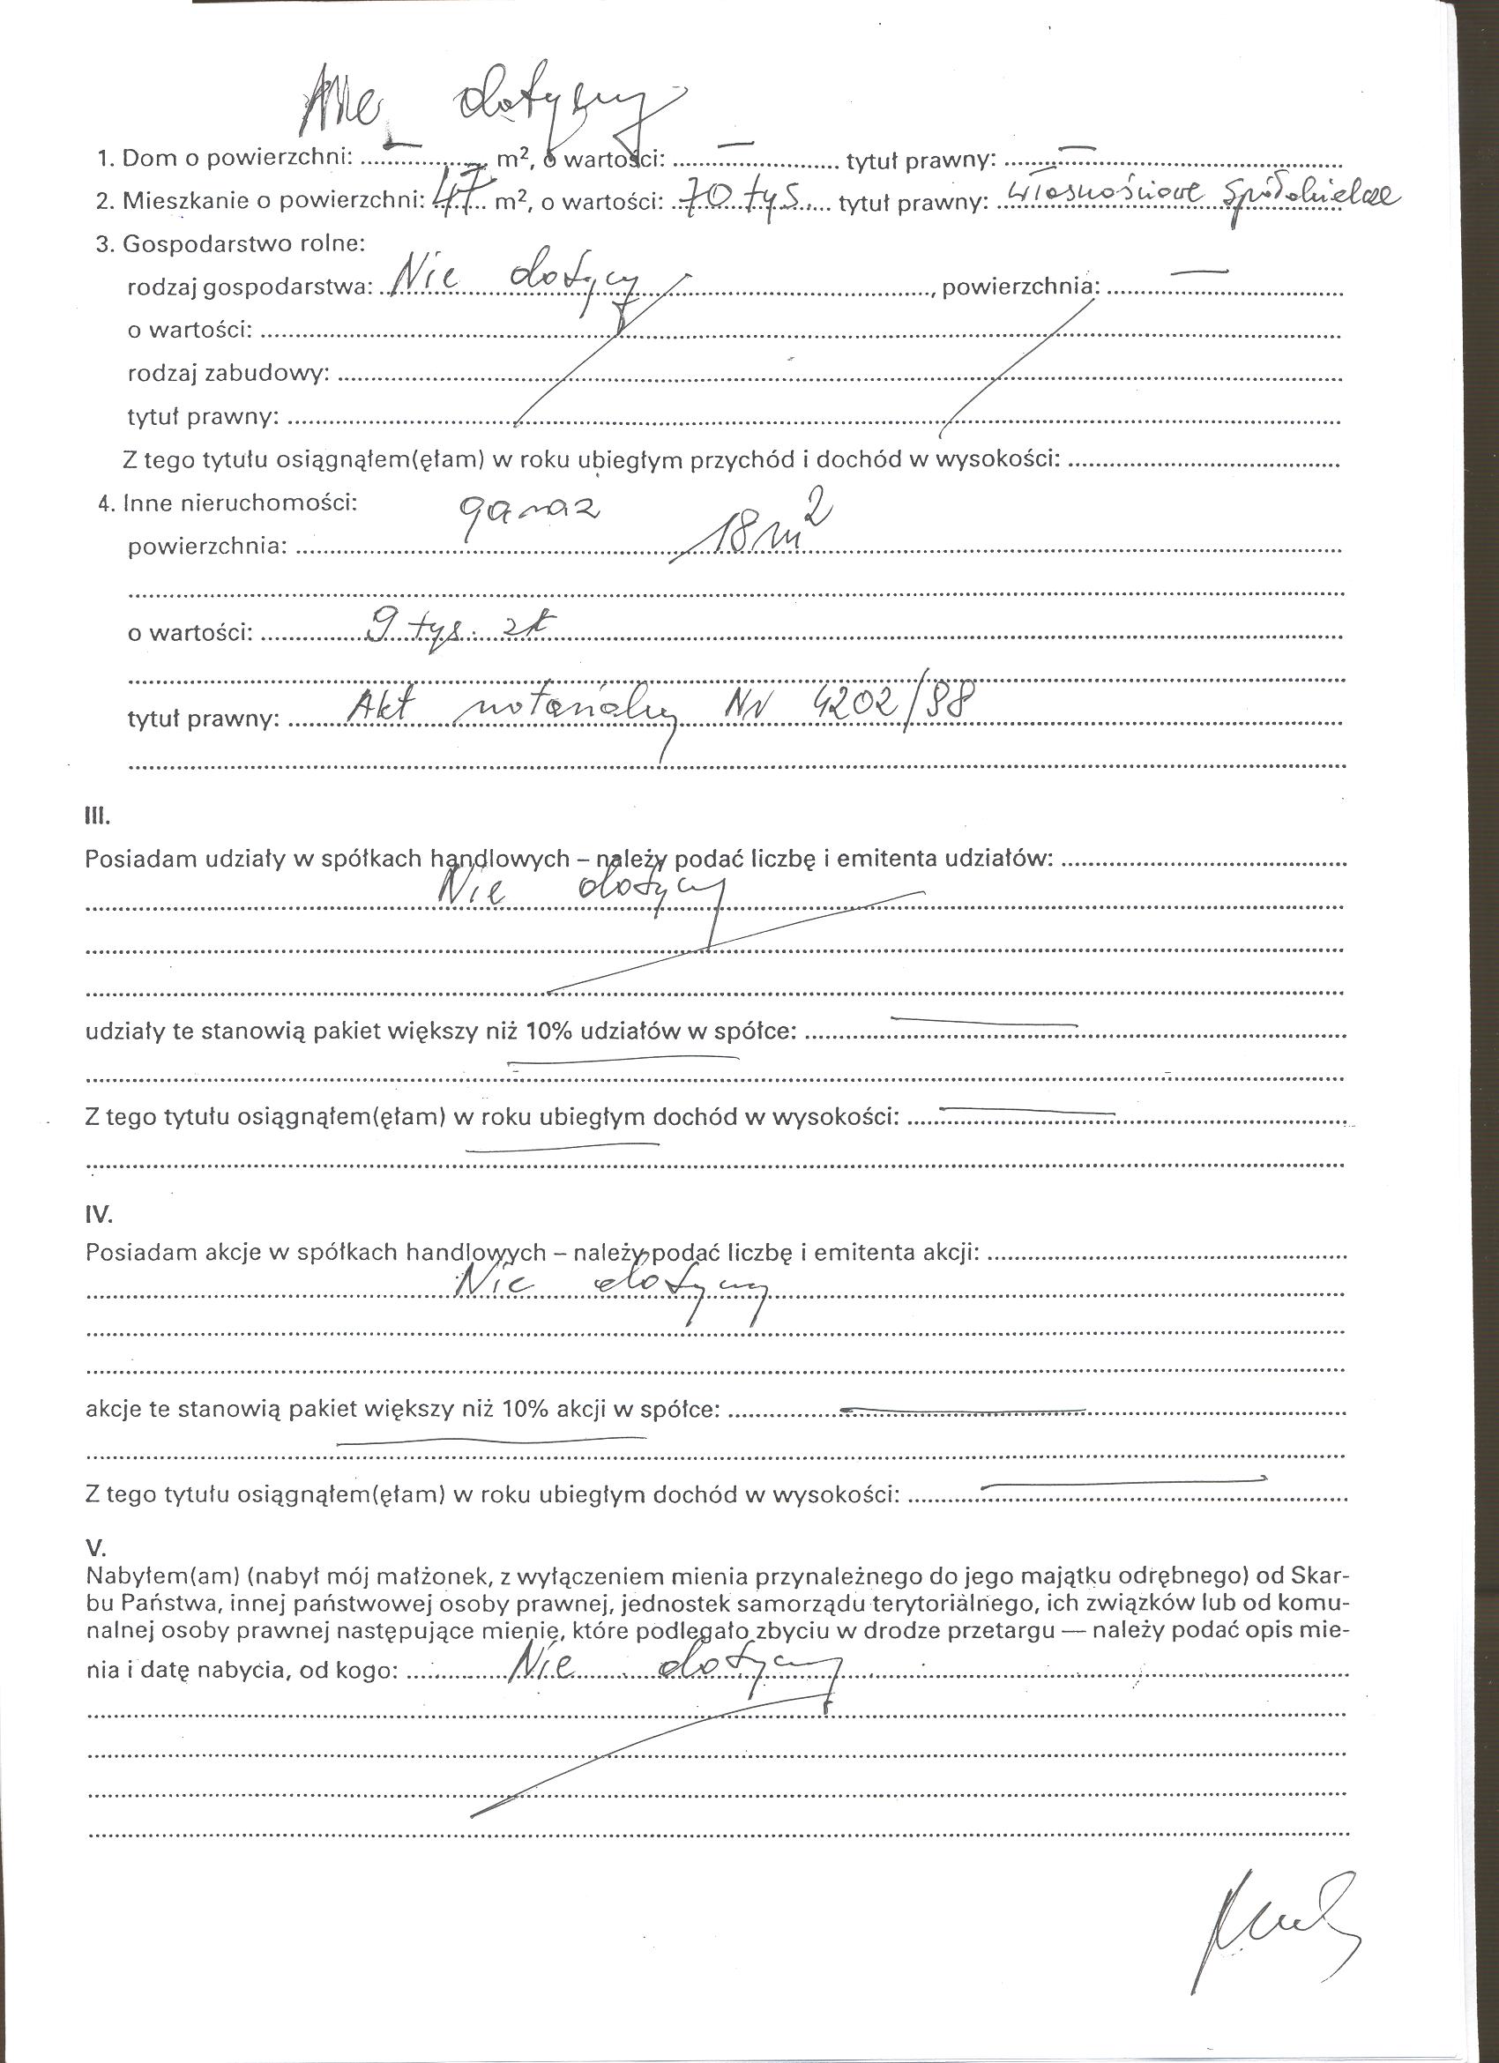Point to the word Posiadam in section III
[x=129, y=859]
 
